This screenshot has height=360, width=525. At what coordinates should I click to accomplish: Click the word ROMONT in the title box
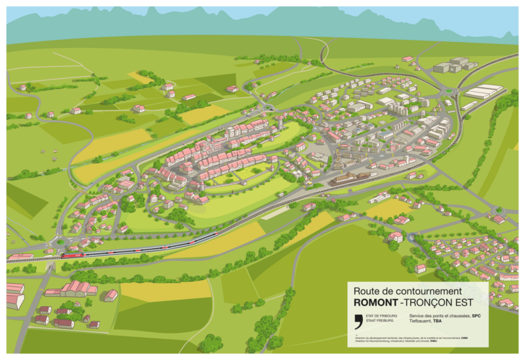click(375, 302)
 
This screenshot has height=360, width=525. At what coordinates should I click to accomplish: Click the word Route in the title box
click(366, 290)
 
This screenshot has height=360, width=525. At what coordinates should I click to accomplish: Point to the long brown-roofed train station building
click(347, 178)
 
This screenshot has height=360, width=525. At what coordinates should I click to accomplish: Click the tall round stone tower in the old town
click(280, 124)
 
